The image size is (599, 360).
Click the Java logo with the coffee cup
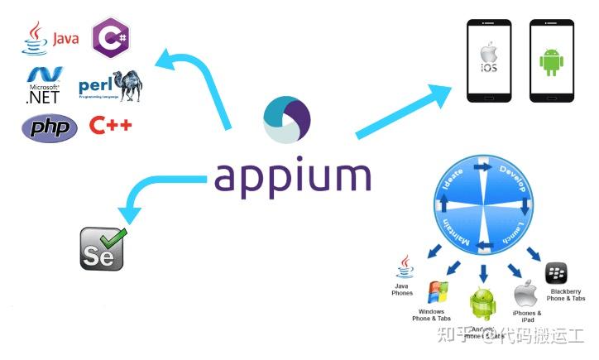pyautogui.click(x=50, y=38)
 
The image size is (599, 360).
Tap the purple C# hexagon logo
pyautogui.click(x=111, y=36)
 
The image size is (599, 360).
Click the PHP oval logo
pyautogui.click(x=49, y=127)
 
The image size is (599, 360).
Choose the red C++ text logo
pyautogui.click(x=111, y=126)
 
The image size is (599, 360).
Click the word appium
pyautogui.click(x=291, y=176)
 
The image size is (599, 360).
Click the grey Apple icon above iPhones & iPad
pyautogui.click(x=525, y=294)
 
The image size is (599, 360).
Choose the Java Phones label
pyautogui.click(x=402, y=290)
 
